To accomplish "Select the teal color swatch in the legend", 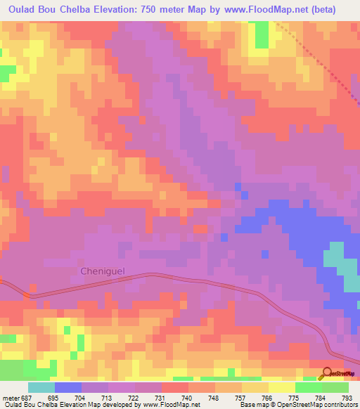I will coord(41,387).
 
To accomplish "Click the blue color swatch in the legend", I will coord(67,387).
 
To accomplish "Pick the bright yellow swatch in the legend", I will coord(281,387).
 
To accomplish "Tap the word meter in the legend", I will coord(9,398).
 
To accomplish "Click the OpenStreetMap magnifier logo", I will coord(326,373).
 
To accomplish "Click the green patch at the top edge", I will coord(261,34).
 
